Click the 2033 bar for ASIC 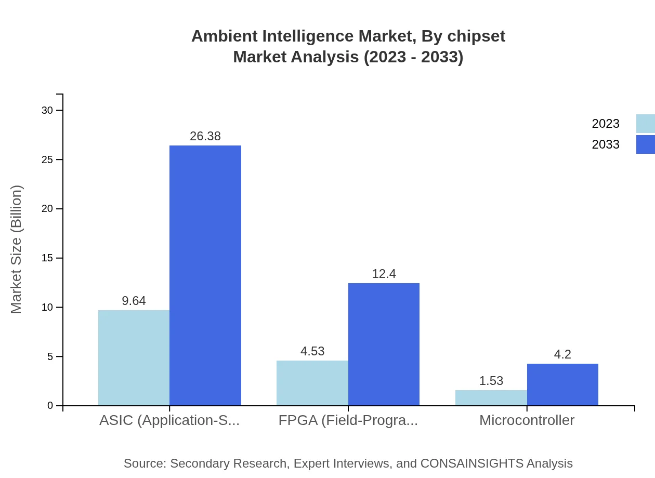pos(205,275)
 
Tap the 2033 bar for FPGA pos(384,344)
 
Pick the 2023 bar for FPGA pos(312,383)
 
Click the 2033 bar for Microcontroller pos(562,384)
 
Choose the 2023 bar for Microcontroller pos(491,398)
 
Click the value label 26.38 pos(205,136)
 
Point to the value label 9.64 pos(134,301)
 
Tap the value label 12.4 pos(384,274)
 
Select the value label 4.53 pos(312,351)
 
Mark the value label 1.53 pos(491,381)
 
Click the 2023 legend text pos(606,124)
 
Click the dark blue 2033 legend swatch pos(645,144)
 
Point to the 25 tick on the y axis pos(47,160)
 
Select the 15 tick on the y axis pos(47,258)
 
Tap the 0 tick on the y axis pos(50,406)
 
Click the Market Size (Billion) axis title pos(16,249)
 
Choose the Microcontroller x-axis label pos(527,420)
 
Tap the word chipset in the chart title pos(476,36)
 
